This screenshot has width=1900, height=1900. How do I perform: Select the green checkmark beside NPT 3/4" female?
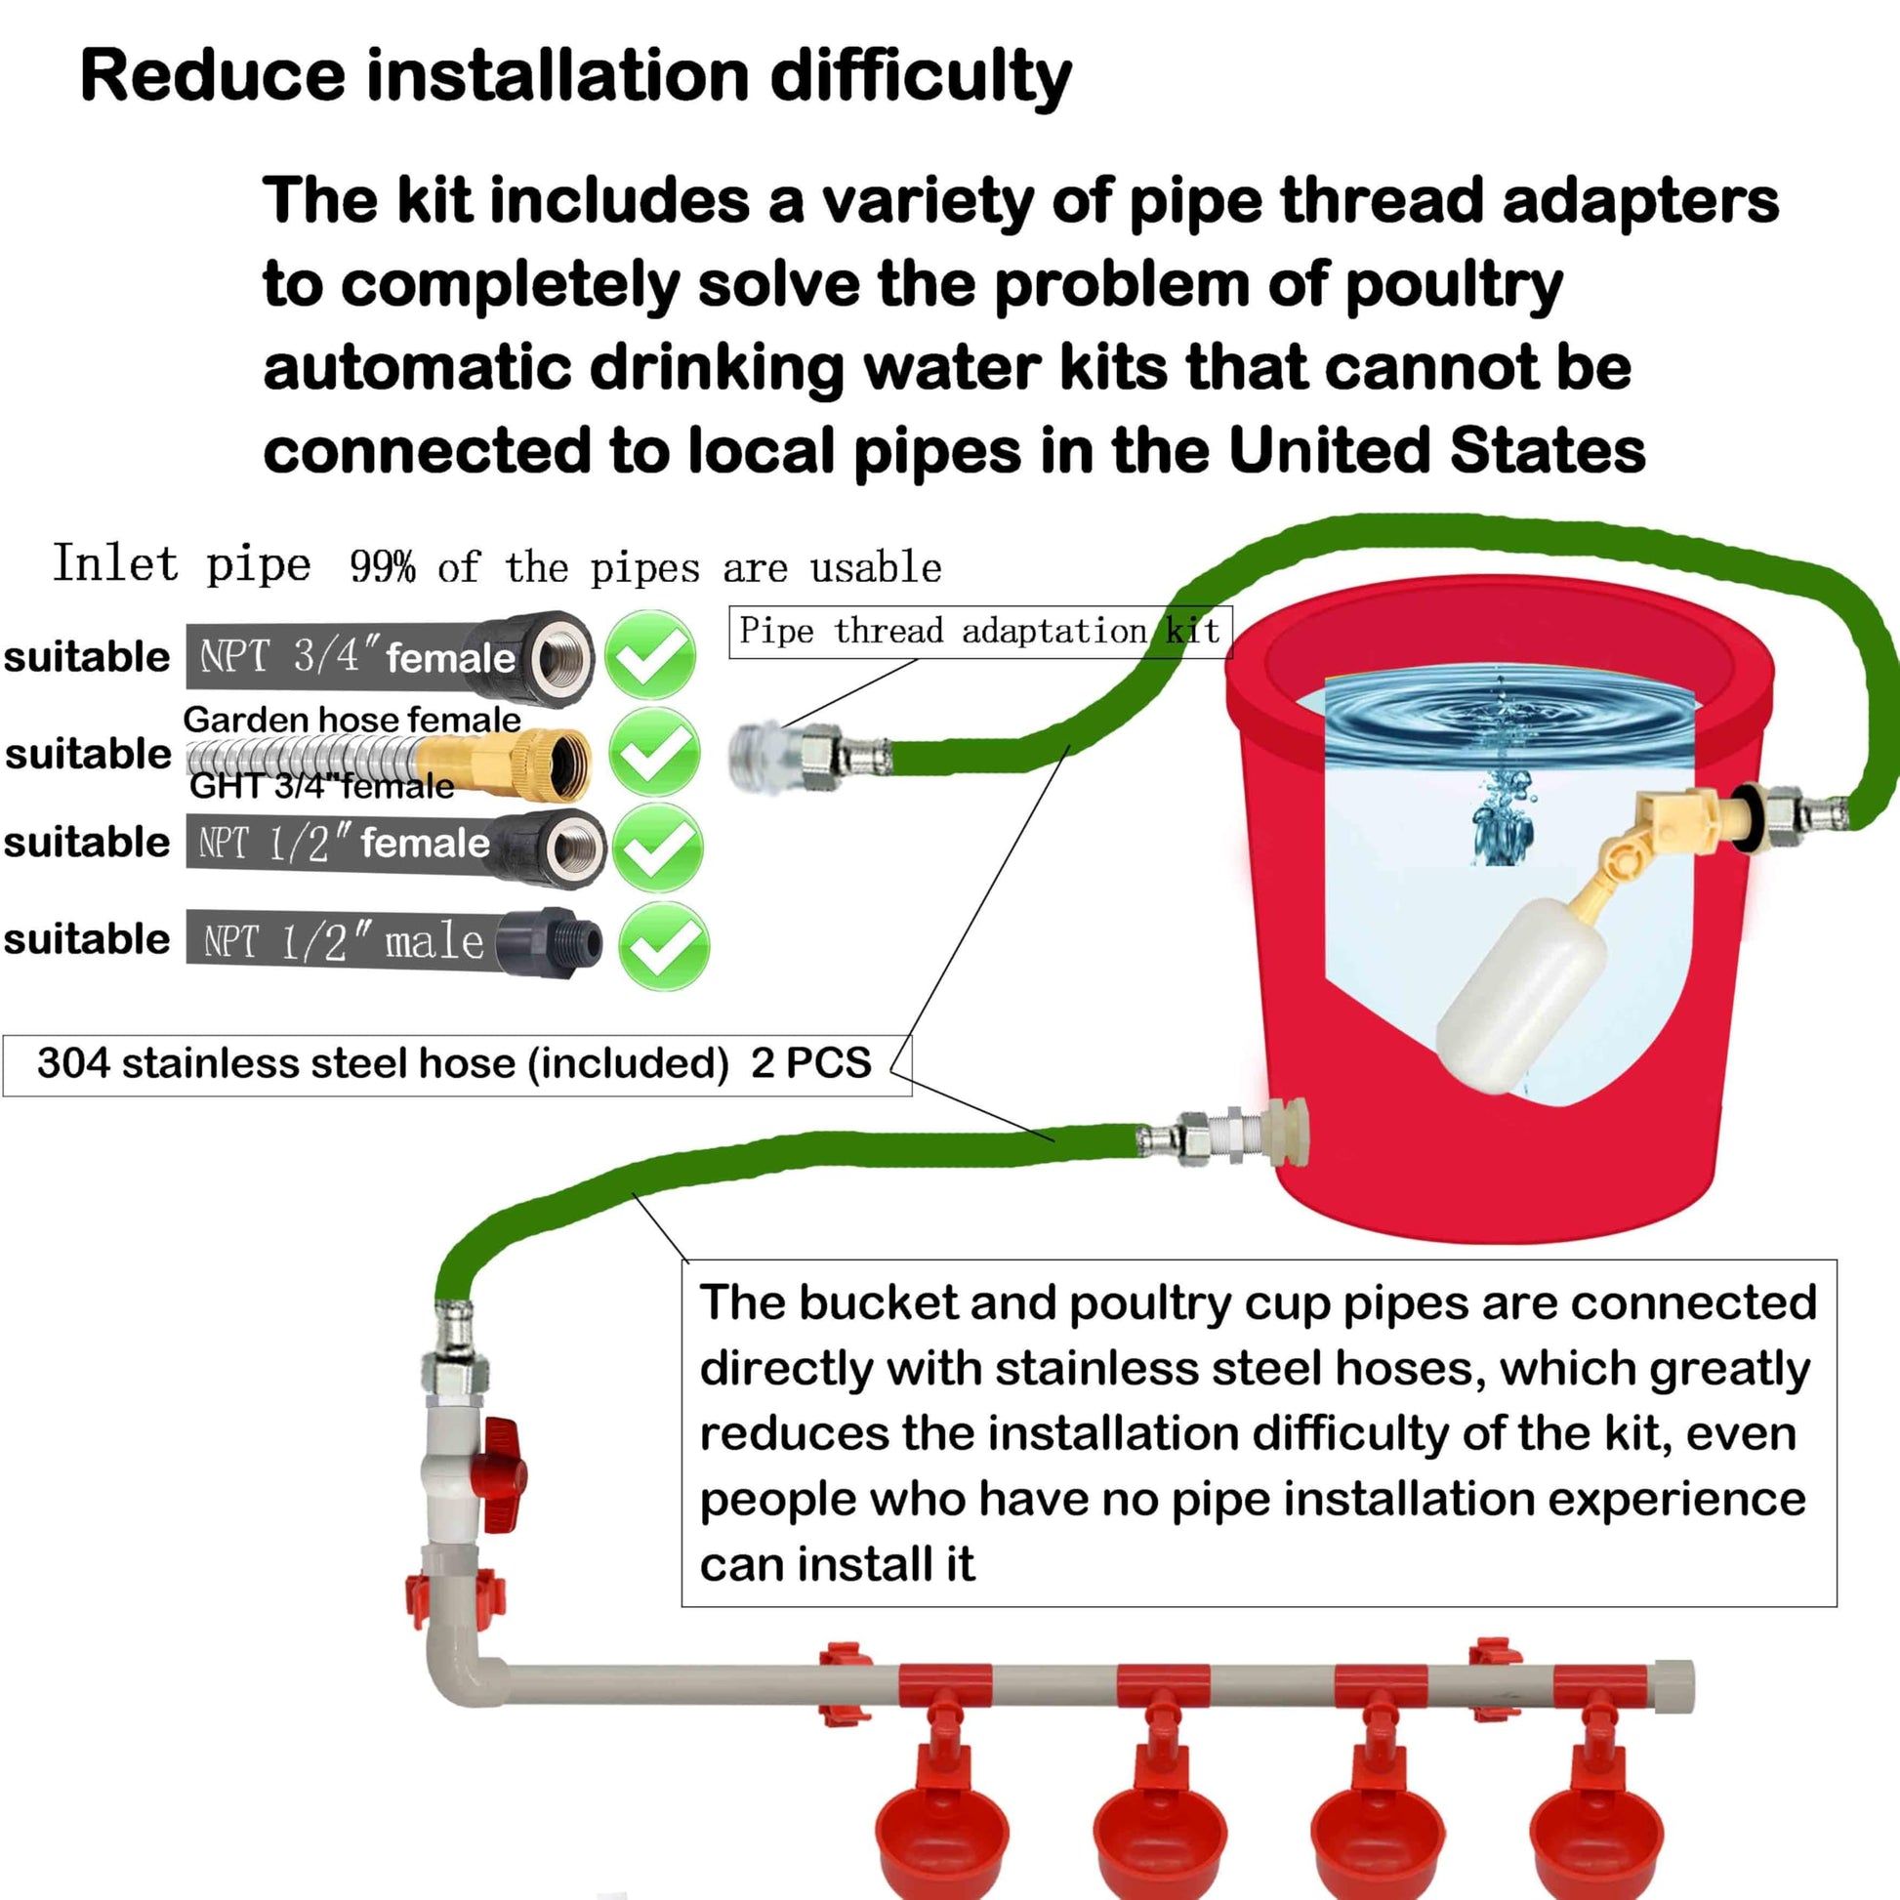click(650, 654)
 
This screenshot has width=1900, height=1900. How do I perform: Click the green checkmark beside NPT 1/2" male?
click(664, 946)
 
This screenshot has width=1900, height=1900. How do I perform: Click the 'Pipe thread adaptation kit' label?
click(979, 632)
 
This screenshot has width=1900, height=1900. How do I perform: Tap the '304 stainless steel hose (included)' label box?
click(456, 1064)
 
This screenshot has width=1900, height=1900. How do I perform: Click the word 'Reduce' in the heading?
click(213, 76)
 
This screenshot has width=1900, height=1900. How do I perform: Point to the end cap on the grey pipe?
click(1673, 1685)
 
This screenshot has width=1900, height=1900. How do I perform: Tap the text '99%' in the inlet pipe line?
click(383, 567)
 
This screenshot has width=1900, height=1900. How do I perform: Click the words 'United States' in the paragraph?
click(1437, 451)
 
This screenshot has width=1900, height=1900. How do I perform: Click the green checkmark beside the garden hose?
click(654, 753)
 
